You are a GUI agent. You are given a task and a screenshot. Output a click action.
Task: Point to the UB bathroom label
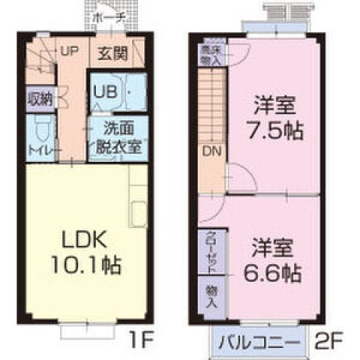(x=103, y=93)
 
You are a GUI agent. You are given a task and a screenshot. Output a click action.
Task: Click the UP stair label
(x=69, y=52)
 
